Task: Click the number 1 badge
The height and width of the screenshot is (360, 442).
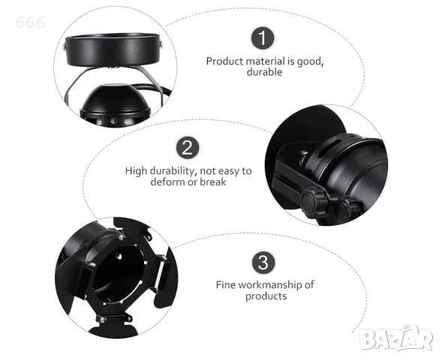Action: (x=263, y=38)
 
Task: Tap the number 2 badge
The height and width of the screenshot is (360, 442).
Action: (x=188, y=148)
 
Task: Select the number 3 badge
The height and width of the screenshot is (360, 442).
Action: (x=263, y=262)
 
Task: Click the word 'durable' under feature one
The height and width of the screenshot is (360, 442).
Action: (x=264, y=72)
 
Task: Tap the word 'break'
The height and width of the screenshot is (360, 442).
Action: (x=213, y=182)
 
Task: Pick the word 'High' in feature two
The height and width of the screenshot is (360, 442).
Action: (x=136, y=171)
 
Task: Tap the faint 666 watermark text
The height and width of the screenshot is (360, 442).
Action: (x=30, y=22)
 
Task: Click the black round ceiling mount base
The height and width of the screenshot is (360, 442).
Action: (x=113, y=49)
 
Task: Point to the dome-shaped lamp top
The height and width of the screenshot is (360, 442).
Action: (x=116, y=97)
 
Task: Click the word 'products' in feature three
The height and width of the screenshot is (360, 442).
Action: (x=266, y=296)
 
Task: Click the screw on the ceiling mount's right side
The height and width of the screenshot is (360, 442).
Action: (x=161, y=43)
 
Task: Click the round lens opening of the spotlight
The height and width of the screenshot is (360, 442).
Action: (x=119, y=271)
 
